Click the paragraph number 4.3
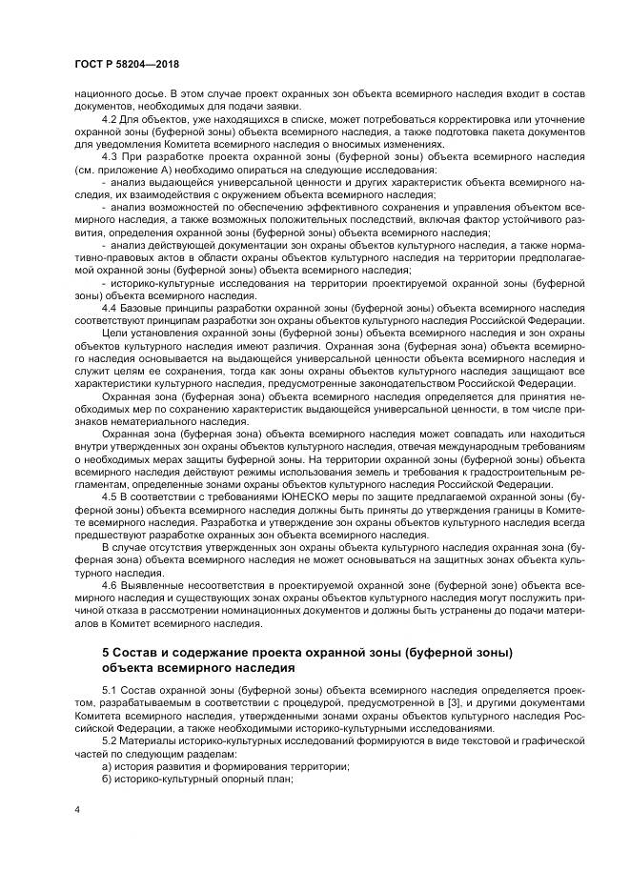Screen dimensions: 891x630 click(x=109, y=154)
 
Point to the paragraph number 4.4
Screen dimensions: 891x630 click(x=109, y=310)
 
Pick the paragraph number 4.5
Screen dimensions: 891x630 click(x=109, y=496)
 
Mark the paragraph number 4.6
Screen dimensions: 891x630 click(x=109, y=583)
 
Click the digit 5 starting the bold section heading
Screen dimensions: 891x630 click(x=105, y=651)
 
